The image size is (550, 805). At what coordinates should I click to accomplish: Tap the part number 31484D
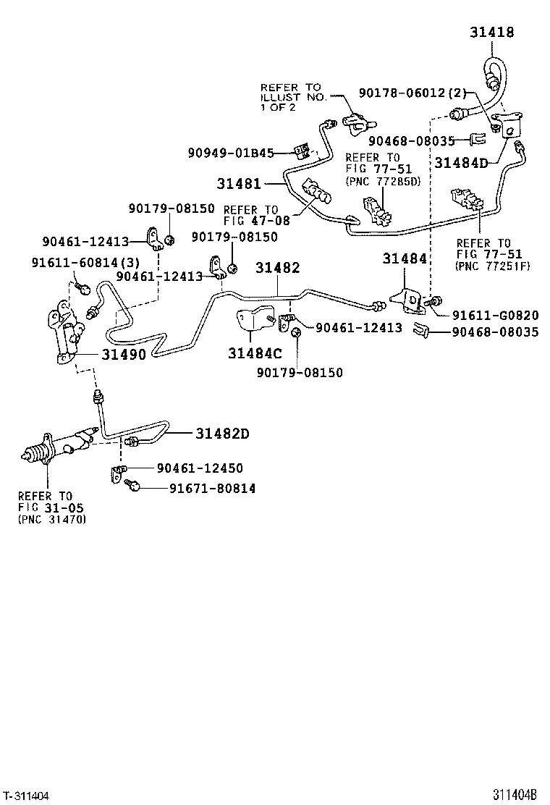pyautogui.click(x=461, y=163)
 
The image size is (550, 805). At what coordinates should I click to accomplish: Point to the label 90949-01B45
pyautogui.click(x=230, y=153)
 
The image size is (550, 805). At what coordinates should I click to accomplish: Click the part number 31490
pyautogui.click(x=123, y=355)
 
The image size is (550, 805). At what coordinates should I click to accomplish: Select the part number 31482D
pyautogui.click(x=222, y=434)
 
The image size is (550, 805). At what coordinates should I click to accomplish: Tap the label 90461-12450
pyautogui.click(x=195, y=468)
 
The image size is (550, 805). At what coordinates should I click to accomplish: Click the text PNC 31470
pyautogui.click(x=51, y=519)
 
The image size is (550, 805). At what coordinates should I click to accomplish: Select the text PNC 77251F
pyautogui.click(x=494, y=266)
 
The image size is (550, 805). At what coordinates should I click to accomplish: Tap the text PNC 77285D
pyautogui.click(x=382, y=181)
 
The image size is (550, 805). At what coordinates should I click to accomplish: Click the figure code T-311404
pyautogui.click(x=27, y=796)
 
